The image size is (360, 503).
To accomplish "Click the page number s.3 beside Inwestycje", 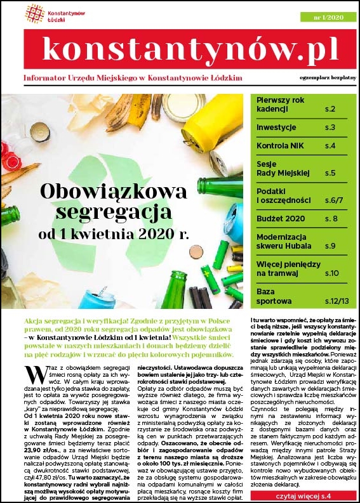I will click(330, 127).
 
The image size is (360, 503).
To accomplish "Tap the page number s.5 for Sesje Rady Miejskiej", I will click(330, 173).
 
